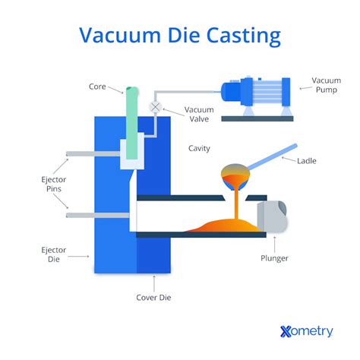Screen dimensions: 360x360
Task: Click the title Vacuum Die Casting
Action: pos(180,36)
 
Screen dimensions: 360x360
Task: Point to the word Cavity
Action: pos(199,148)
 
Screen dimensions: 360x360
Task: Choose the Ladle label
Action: pos(307,161)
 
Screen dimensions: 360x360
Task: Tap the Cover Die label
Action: pos(155,298)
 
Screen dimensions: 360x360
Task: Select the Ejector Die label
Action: pos(54,254)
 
